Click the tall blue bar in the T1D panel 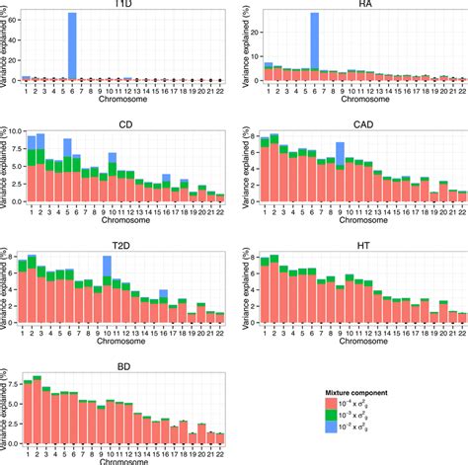pyautogui.click(x=72, y=44)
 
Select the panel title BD pyautogui.click(x=122, y=364)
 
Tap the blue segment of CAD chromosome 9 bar pyautogui.click(x=340, y=153)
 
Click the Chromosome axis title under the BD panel pyautogui.click(x=122, y=459)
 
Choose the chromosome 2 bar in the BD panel pyautogui.click(x=38, y=410)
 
